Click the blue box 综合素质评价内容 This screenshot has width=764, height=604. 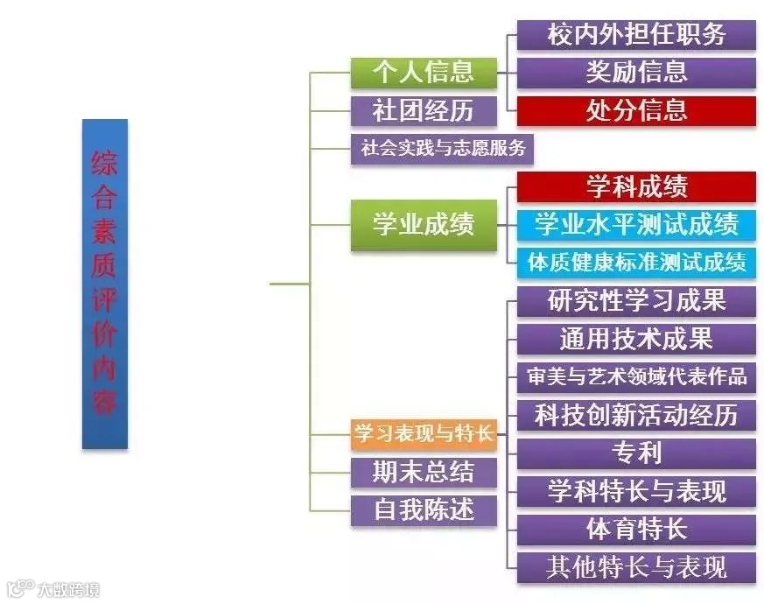coord(105,284)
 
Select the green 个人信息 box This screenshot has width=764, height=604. coord(424,72)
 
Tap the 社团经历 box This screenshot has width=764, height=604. coord(424,111)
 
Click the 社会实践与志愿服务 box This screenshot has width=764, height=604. coord(443,148)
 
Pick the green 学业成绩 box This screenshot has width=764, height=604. coord(424,224)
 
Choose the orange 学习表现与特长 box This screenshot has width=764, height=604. coord(424,432)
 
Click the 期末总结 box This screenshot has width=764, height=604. coord(424,472)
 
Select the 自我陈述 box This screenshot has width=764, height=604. coord(424,510)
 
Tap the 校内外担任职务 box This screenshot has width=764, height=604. coord(636,34)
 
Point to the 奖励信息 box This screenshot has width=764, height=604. coord(636,72)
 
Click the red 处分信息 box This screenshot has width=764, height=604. coord(636,110)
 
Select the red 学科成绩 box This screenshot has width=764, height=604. coord(636,186)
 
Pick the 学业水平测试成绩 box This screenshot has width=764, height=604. coord(636,224)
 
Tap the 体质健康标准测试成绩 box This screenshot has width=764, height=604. coord(636,261)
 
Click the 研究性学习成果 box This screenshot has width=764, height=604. coord(636,300)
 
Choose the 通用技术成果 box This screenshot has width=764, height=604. coord(636,338)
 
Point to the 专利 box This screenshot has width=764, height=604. coord(636,453)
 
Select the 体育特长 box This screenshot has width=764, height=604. coord(636,529)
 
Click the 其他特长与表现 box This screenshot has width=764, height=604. coord(636,566)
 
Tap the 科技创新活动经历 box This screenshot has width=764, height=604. coord(636,414)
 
